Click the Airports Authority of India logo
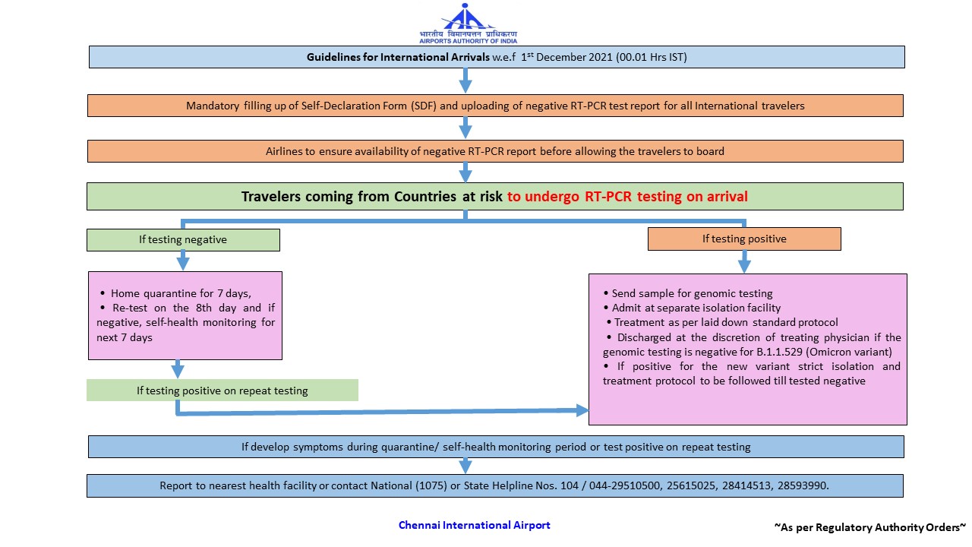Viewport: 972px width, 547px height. click(468, 23)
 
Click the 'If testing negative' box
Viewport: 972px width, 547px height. click(183, 239)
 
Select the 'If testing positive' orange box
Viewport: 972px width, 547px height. click(744, 239)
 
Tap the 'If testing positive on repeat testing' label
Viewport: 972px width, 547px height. click(222, 390)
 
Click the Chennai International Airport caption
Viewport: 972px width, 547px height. click(475, 525)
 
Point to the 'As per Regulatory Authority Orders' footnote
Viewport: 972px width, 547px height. click(870, 526)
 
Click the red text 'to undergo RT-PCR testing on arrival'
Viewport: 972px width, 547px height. click(627, 197)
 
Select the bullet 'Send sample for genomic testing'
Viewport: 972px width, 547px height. click(692, 293)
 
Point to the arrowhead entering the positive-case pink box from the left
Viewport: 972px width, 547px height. click(582, 410)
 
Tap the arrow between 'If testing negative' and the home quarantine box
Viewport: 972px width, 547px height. click(183, 261)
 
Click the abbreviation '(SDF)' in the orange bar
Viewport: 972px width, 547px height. click(424, 106)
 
